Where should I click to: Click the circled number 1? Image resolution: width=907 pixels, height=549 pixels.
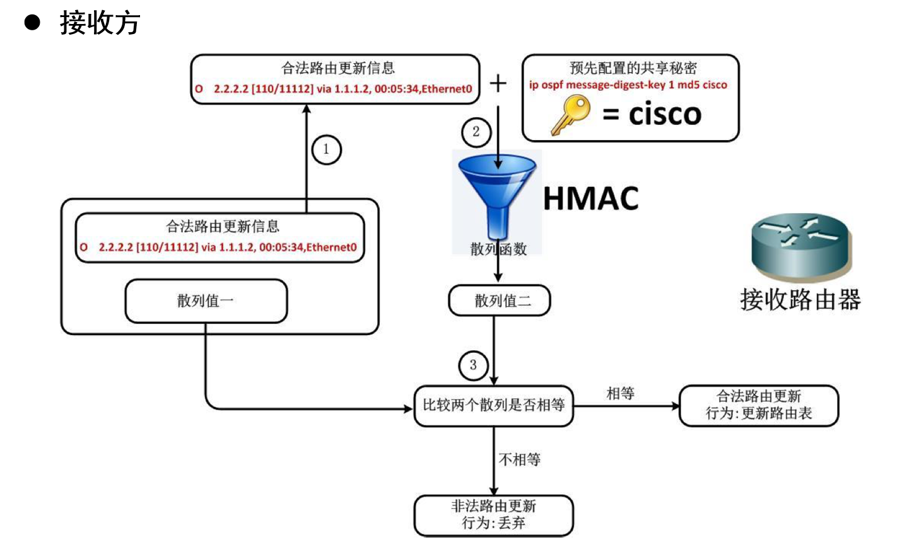[x=326, y=150]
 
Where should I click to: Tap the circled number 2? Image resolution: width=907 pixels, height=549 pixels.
[x=476, y=132]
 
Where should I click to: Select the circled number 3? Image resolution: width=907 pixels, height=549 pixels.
[x=473, y=365]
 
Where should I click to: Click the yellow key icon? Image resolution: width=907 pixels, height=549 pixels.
[x=570, y=114]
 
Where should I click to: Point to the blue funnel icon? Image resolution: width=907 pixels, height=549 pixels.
[x=497, y=196]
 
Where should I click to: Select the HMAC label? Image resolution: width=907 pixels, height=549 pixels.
[x=590, y=198]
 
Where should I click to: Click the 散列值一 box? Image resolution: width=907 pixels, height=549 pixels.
[x=206, y=301]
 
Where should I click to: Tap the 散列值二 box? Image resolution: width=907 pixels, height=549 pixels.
[x=499, y=301]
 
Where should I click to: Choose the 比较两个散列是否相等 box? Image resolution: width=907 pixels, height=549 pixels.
[x=493, y=406]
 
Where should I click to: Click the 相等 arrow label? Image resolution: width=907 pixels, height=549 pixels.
[x=620, y=394]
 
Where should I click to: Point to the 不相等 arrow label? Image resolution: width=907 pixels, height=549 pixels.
[x=520, y=459]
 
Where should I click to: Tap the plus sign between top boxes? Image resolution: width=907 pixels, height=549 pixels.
[x=498, y=83]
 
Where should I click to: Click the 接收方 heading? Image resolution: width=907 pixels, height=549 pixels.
[x=100, y=23]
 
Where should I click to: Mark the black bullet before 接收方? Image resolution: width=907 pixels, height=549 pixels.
[x=32, y=23]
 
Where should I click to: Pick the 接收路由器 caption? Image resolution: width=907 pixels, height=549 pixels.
[x=800, y=300]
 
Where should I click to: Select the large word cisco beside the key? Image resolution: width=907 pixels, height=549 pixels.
[x=665, y=114]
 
